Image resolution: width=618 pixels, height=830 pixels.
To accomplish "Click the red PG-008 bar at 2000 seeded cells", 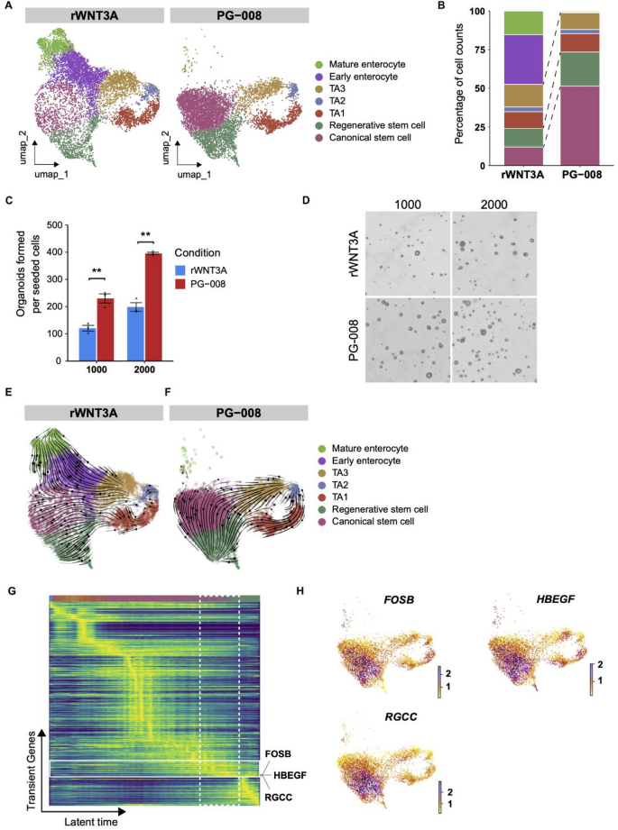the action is point(153,307).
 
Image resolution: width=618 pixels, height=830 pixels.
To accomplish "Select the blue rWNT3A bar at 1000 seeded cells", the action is point(88,344).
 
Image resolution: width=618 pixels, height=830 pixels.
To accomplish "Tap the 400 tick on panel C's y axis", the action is point(55,252).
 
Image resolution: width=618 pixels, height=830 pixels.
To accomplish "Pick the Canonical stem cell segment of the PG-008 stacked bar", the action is point(580,125).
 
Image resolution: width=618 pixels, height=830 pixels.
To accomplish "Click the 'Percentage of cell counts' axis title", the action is point(459,84).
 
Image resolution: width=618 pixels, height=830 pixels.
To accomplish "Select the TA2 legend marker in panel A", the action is point(319,101).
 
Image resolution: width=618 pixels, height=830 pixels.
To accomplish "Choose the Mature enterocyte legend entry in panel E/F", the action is point(364,449).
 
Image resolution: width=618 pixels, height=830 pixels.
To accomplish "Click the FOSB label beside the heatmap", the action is point(278,753).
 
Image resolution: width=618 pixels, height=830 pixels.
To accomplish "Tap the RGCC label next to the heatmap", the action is point(278,798).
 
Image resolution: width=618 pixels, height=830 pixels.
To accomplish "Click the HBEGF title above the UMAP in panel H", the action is point(556,599).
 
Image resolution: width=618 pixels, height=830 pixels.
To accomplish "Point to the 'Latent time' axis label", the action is point(90,822).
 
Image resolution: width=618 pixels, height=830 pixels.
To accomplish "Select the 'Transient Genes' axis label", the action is point(32,771).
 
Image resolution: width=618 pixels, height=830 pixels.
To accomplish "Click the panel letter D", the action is point(305,201).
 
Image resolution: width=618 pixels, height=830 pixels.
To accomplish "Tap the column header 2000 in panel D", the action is point(494,205).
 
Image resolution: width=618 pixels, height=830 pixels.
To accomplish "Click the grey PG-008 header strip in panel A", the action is point(239,16).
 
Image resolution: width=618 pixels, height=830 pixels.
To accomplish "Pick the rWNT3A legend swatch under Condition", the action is point(180,270).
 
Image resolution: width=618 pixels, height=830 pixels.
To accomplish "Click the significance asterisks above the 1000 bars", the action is point(97,271).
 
